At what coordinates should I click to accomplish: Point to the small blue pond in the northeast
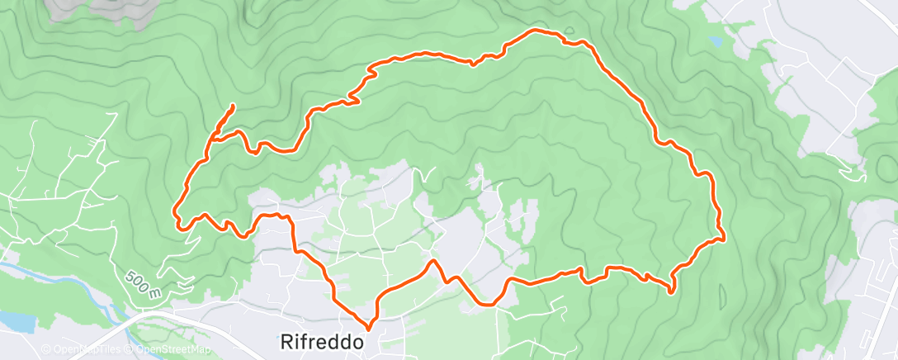click(x=715, y=39)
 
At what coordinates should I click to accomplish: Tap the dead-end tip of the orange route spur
click(x=234, y=106)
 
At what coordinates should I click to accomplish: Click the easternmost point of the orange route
click(x=724, y=240)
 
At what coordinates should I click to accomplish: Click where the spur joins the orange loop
click(x=211, y=138)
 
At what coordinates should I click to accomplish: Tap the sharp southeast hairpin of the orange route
click(x=671, y=291)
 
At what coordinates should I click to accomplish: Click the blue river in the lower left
click(x=50, y=272)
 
